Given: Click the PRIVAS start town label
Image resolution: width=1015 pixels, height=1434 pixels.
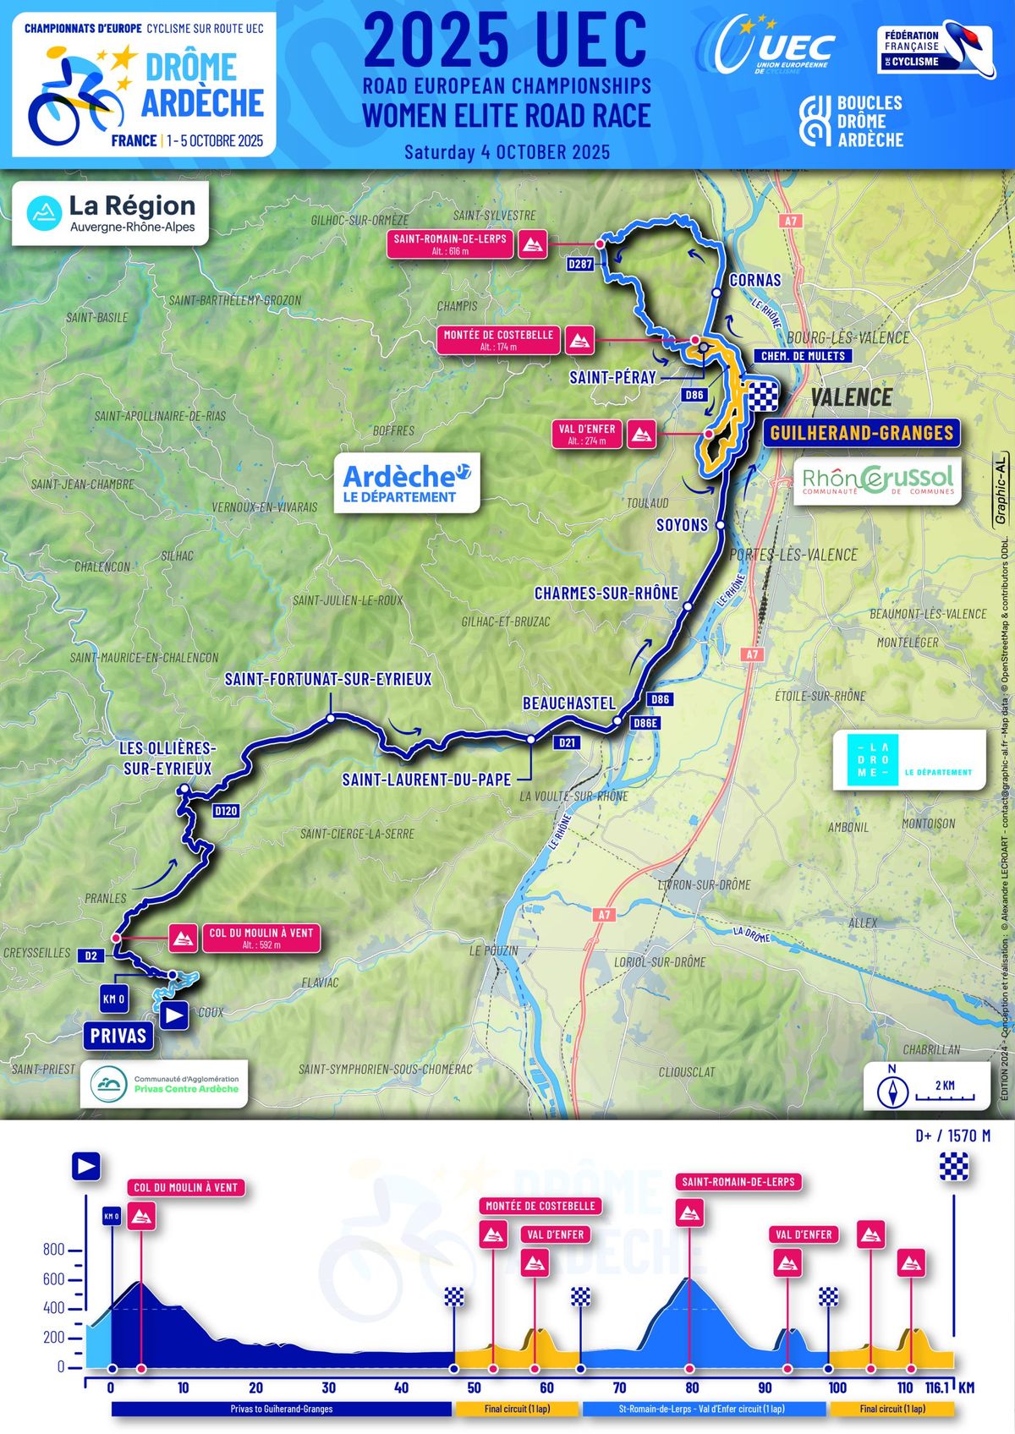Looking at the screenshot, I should pyautogui.click(x=118, y=1035).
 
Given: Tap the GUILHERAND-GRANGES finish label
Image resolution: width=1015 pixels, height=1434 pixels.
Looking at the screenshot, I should pyautogui.click(x=861, y=433).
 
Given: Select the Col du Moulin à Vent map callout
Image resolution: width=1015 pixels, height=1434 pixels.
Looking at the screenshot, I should pyautogui.click(x=261, y=938).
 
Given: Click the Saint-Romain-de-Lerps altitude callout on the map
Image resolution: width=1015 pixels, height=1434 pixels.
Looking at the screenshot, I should pyautogui.click(x=450, y=244).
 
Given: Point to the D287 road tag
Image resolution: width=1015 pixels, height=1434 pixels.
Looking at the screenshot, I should pyautogui.click(x=580, y=265).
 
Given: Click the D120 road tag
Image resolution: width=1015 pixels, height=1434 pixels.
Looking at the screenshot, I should pyautogui.click(x=226, y=811).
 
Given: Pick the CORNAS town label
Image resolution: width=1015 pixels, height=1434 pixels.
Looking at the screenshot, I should pyautogui.click(x=754, y=280).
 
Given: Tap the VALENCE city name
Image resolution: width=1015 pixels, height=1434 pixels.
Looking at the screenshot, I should pyautogui.click(x=851, y=397).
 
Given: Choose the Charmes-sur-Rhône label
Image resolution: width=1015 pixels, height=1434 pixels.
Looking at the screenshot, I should pyautogui.click(x=606, y=594).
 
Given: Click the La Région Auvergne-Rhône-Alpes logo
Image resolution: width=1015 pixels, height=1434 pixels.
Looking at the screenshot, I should pyautogui.click(x=111, y=214).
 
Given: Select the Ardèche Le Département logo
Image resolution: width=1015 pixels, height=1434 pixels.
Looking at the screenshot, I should pyautogui.click(x=406, y=483).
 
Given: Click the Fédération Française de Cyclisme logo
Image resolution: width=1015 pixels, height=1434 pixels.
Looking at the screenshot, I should pyautogui.click(x=935, y=49).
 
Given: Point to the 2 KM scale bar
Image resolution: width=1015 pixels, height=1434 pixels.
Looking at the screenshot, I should pyautogui.click(x=945, y=1097).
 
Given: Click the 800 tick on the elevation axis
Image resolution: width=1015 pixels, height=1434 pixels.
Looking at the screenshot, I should pyautogui.click(x=53, y=1250).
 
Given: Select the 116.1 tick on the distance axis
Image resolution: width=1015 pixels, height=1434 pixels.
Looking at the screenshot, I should pyautogui.click(x=938, y=1387).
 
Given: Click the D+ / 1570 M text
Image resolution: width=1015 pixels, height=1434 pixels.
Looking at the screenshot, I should pyautogui.click(x=952, y=1136).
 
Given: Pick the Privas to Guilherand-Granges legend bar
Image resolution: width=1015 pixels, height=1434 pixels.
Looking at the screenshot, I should pyautogui.click(x=282, y=1409).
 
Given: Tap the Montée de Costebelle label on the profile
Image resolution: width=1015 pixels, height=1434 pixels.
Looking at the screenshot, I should pyautogui.click(x=540, y=1206).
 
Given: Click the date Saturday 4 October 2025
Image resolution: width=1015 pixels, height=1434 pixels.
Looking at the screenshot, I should pyautogui.click(x=507, y=152).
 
